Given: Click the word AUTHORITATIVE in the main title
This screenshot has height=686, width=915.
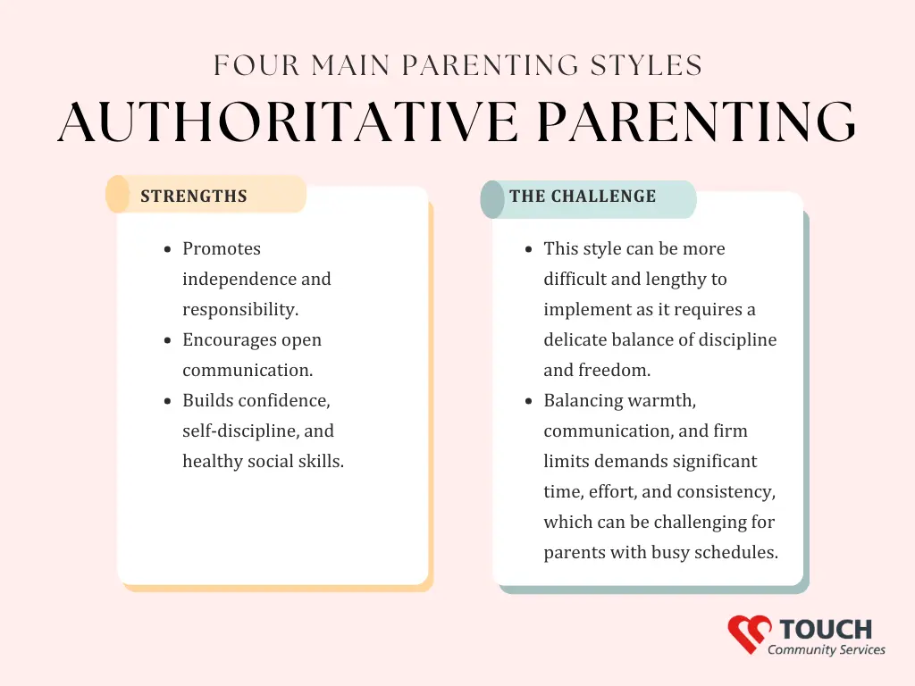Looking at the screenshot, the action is (288, 121).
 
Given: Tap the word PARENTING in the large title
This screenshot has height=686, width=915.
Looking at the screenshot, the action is (696, 121).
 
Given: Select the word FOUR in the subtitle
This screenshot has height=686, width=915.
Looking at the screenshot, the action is (256, 65).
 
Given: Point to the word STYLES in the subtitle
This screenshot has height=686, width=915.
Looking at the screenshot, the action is (646, 65).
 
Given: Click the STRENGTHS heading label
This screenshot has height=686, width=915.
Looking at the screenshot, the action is (194, 196).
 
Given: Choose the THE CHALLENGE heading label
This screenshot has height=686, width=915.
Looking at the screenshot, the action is (583, 196).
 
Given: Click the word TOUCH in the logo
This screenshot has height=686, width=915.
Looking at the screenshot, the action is (826, 630).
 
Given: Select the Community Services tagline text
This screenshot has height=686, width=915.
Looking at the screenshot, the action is (827, 650).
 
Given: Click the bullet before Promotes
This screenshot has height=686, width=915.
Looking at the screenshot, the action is (168, 250).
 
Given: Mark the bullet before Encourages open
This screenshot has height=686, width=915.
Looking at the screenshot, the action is (168, 340).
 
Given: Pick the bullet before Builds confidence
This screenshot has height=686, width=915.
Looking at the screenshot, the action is (168, 401).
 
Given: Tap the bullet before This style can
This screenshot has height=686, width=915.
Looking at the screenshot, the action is (529, 250).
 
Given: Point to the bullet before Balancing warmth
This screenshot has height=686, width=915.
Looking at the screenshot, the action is (529, 401).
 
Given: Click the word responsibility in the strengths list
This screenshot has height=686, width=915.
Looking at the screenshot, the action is (240, 310).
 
